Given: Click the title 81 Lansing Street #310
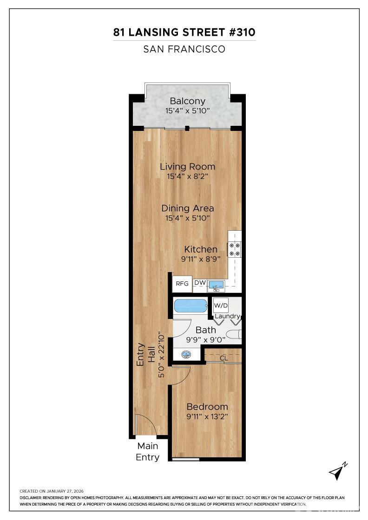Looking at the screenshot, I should (184, 32).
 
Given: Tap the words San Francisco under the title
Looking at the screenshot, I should (184, 49).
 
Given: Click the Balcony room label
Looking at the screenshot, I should (187, 101).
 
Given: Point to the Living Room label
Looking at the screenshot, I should (187, 166).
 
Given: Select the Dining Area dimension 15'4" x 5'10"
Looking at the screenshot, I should (187, 218).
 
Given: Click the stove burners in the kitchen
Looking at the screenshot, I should (234, 249).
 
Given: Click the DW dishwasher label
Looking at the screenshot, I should (200, 283).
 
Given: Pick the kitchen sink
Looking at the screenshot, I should (216, 284).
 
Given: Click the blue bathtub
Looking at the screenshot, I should (191, 306).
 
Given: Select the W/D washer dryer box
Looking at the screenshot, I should (221, 306).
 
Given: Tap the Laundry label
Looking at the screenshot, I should (227, 316).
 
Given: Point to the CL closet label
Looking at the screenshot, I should (223, 358).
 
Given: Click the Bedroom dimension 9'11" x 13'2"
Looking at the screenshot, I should (207, 416).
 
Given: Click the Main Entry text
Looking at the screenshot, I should (147, 451).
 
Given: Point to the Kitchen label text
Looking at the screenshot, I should (201, 249).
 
